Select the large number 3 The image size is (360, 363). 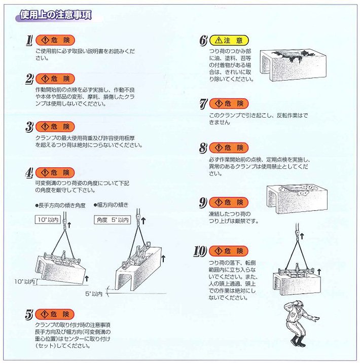click(29, 126)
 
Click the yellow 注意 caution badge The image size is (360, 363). click(228, 40)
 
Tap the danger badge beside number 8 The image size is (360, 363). click(228, 148)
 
